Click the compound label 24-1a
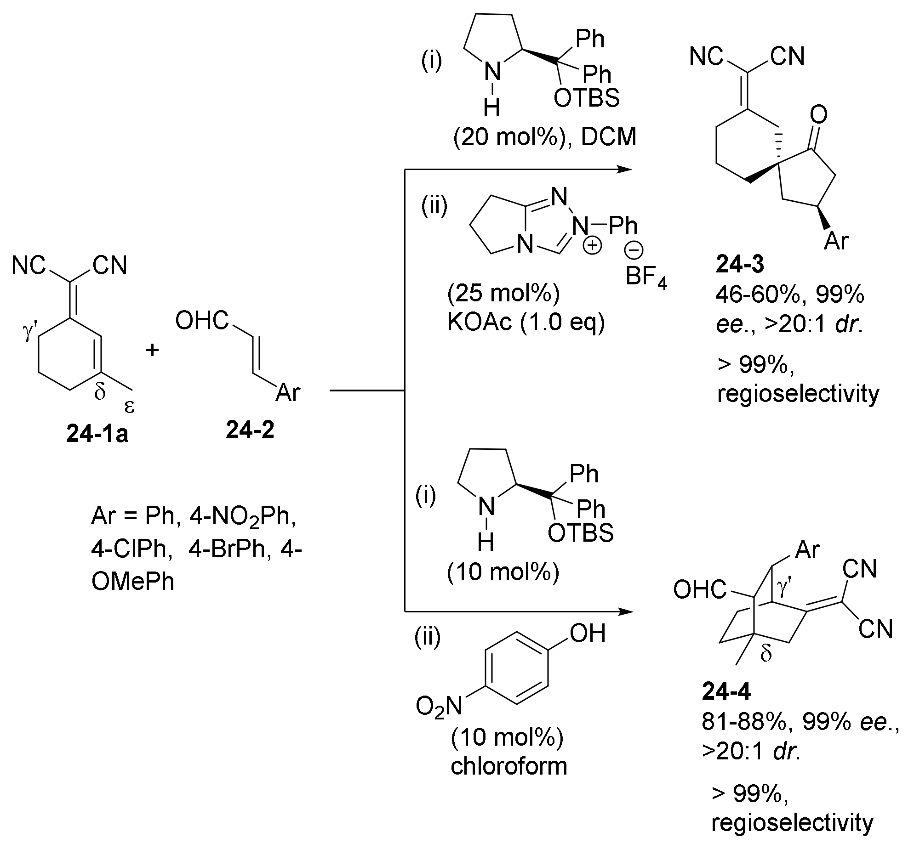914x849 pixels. point(97,434)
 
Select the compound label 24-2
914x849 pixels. point(250,430)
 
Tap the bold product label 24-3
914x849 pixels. point(739,266)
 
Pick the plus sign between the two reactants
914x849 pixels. point(152,350)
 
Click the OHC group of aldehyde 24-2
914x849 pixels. point(202,321)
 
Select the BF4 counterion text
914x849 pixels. point(646,277)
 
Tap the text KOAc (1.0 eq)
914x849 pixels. point(526,323)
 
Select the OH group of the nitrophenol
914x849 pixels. point(587,634)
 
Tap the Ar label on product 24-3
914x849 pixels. point(836,241)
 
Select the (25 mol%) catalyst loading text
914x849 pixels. point(503,294)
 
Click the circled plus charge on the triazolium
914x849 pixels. point(592,246)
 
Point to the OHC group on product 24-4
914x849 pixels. point(699,590)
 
